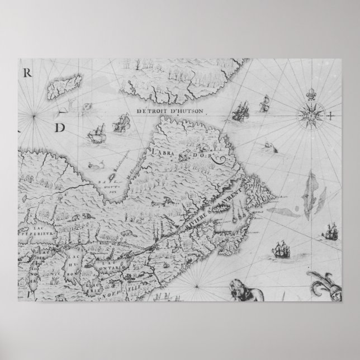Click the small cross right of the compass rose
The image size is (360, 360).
coord(330,116)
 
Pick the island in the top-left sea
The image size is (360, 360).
coord(61,87)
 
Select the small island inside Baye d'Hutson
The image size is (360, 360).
coord(110,178)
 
